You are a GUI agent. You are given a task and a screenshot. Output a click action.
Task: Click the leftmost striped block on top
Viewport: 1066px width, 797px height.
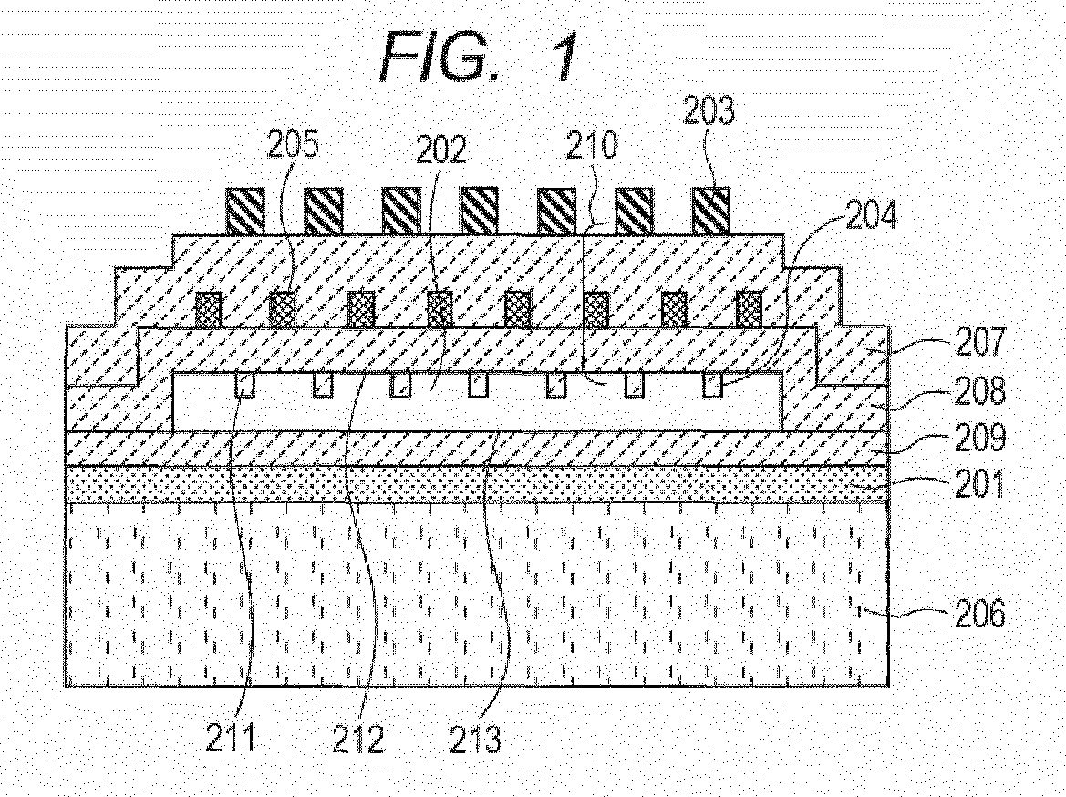pyautogui.click(x=244, y=211)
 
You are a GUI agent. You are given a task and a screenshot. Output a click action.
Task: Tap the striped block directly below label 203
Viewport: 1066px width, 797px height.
pyautogui.click(x=710, y=211)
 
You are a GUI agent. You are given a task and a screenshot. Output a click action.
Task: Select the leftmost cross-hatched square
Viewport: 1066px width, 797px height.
pyautogui.click(x=209, y=309)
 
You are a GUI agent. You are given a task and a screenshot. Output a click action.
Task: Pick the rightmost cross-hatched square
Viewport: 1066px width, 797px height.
pyautogui.click(x=750, y=309)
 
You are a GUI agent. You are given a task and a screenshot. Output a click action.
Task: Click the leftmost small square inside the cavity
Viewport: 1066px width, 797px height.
pyautogui.click(x=244, y=385)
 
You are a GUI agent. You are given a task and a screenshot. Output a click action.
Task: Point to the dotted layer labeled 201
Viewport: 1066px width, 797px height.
pyautogui.click(x=474, y=484)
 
